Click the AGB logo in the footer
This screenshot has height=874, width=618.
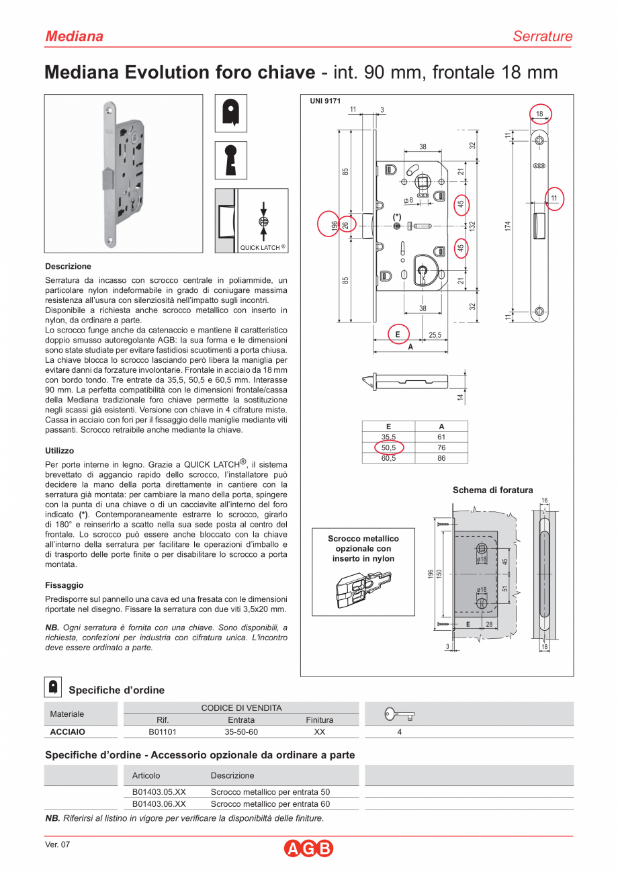308,848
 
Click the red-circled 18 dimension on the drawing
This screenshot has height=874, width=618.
539,114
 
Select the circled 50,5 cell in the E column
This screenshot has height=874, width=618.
388,448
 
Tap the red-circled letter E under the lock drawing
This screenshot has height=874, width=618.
398,334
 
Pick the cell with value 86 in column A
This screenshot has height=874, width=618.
441,459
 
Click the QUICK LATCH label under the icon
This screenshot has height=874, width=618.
262,247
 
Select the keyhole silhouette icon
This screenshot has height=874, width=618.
231,160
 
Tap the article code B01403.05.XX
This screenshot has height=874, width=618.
159,792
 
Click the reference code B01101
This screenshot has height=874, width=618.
163,732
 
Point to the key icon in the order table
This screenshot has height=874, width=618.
400,714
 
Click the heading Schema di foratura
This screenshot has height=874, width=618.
492,490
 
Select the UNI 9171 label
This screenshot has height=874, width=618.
325,101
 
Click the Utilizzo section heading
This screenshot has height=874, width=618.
60,451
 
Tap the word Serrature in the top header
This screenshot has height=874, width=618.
542,36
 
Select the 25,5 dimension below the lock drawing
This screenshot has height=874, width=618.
435,335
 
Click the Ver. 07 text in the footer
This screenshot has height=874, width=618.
57,845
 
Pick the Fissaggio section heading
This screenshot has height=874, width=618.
64,585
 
